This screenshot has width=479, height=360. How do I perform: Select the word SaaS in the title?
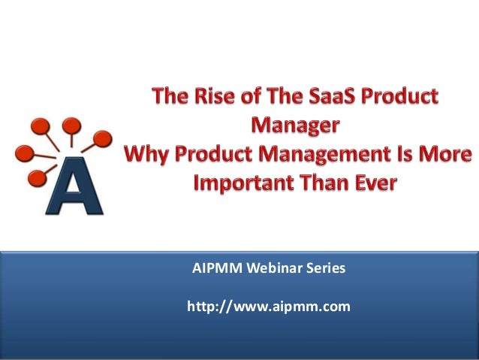coord(339,98)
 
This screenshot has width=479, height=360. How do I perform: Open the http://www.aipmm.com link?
coord(268,307)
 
